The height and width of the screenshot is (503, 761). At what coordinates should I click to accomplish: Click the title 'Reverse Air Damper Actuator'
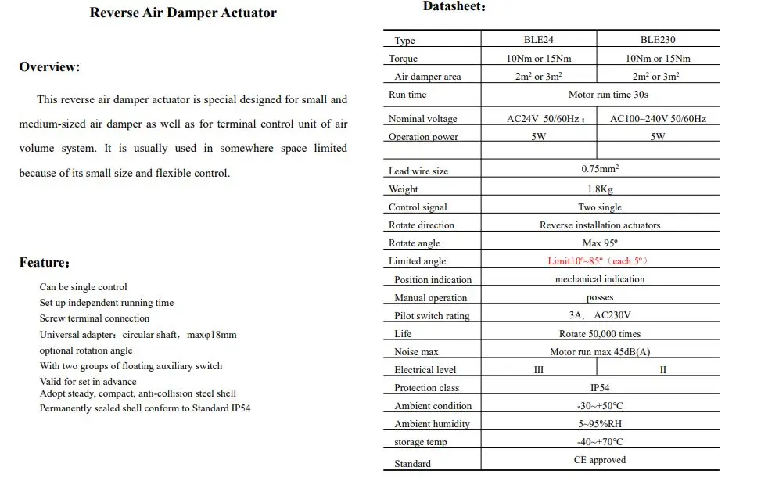(183, 13)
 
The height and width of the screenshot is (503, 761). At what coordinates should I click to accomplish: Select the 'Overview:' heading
(49, 67)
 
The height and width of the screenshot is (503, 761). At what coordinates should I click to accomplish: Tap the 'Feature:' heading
(45, 263)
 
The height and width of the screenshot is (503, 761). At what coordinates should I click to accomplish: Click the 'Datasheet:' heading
(454, 7)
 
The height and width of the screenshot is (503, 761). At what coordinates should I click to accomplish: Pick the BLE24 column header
(538, 40)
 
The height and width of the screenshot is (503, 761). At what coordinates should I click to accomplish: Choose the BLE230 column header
(658, 40)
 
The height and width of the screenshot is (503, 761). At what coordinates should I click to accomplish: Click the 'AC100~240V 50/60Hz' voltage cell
(658, 119)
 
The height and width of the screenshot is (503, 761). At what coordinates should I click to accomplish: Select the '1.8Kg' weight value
(600, 189)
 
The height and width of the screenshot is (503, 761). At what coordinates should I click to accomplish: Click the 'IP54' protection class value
(600, 388)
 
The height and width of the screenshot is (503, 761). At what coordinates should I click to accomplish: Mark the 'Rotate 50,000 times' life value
(600, 334)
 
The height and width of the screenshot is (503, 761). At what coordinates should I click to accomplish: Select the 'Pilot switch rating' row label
(432, 316)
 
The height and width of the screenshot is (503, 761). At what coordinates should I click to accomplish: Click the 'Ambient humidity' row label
(432, 424)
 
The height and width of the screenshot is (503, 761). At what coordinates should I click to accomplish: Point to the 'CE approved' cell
(600, 460)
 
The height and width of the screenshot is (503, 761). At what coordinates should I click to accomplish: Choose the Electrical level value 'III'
(538, 370)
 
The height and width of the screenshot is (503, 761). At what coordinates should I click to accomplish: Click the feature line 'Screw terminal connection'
(95, 318)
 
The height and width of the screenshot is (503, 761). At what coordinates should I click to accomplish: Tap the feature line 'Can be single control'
(83, 287)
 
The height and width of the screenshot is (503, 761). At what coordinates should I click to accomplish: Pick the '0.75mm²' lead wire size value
(600, 169)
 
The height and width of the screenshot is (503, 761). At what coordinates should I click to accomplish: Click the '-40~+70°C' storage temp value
(600, 442)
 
